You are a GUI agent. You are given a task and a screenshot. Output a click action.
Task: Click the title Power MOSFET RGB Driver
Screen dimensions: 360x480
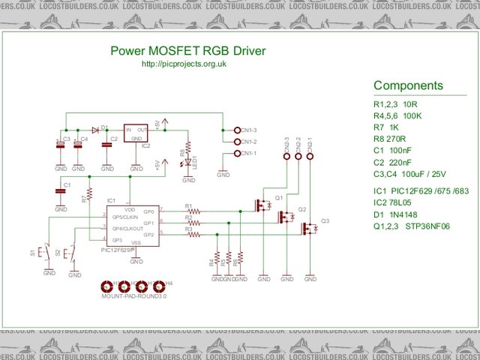187,52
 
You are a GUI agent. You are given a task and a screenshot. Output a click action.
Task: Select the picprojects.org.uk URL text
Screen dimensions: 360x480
184,64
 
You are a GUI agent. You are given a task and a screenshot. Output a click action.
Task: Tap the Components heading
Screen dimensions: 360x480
408,85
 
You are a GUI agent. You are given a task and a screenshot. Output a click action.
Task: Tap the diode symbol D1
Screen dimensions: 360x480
96,129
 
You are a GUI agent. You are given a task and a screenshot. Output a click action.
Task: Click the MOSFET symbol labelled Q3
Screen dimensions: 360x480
308,228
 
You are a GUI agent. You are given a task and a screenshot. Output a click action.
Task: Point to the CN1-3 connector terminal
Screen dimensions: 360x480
238,130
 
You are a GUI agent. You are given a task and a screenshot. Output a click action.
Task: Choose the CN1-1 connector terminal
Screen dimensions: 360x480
238,154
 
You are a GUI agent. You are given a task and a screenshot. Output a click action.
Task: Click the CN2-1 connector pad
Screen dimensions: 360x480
310,156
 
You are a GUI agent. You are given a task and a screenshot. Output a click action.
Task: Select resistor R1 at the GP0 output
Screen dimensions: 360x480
196,211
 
